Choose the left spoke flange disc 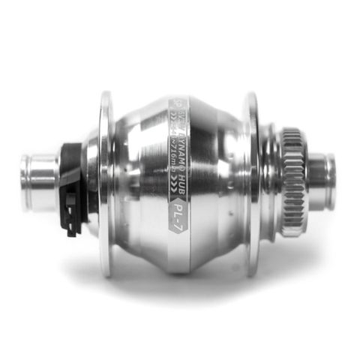105,184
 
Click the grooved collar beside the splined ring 271,182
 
